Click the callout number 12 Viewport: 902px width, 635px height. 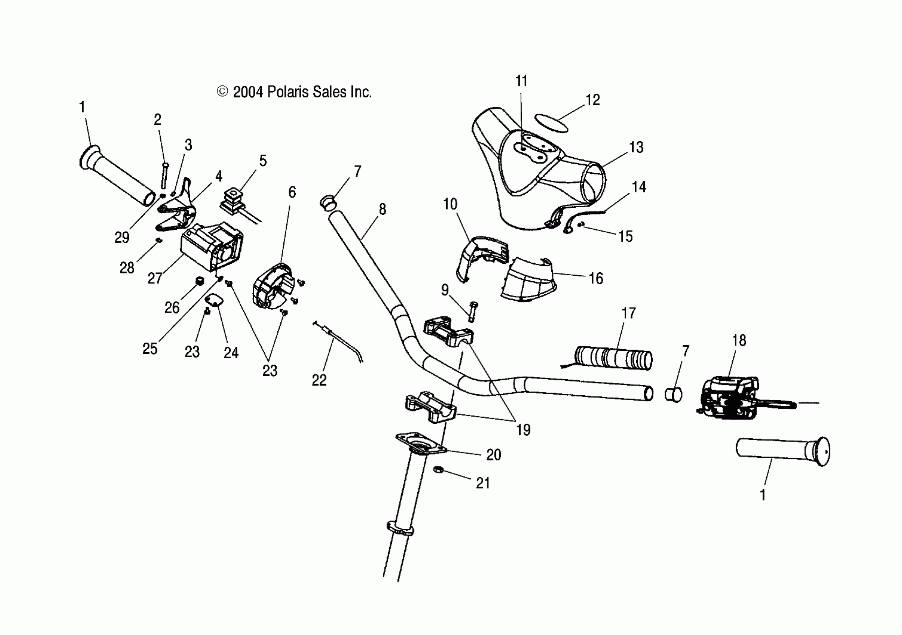coord(592,100)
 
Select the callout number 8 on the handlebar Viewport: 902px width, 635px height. coord(382,209)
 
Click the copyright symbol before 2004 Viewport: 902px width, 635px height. coord(222,92)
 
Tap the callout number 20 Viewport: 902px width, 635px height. coord(493,455)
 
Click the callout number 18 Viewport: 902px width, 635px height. coord(739,340)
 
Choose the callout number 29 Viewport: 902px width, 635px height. coord(122,238)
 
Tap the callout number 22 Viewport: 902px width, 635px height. coord(319,380)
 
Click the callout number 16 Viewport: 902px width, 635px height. coord(595,278)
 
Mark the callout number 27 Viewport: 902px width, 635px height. coord(155,278)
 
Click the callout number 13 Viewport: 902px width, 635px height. coord(636,147)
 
